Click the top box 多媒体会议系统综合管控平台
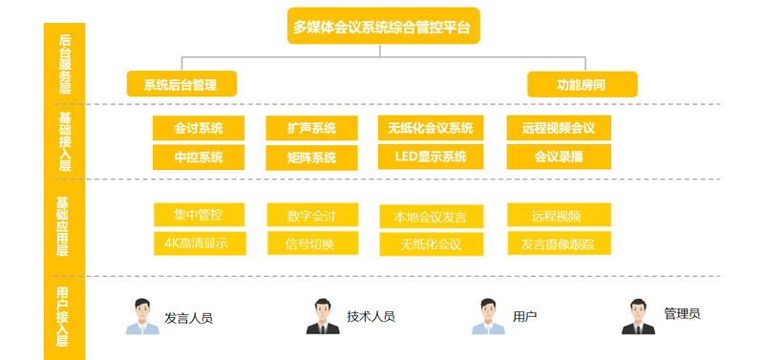(383, 26)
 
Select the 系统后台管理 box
(181, 85)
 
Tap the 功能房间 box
(582, 85)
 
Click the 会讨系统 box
(199, 128)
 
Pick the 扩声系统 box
(311, 128)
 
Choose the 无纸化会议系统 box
(431, 128)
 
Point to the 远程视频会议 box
(559, 128)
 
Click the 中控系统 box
(199, 157)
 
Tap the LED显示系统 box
(431, 157)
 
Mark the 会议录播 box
(559, 157)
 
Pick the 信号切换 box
(310, 244)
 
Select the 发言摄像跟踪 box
(559, 244)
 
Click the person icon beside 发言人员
(142, 316)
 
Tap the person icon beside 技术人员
(323, 316)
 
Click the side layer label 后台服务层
(65, 62)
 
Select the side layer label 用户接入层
(63, 315)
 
